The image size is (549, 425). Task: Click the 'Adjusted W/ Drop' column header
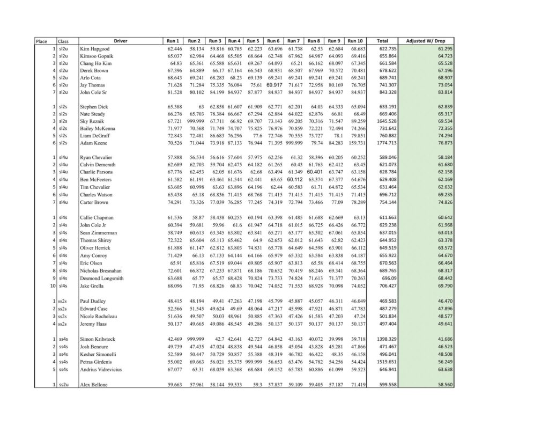429,41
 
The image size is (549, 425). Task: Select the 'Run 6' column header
273,41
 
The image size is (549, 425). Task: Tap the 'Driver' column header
120,41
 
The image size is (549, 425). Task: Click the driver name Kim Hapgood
95,49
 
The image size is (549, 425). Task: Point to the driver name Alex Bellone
94,385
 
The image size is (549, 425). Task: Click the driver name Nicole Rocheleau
100,316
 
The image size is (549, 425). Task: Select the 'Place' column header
41,41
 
